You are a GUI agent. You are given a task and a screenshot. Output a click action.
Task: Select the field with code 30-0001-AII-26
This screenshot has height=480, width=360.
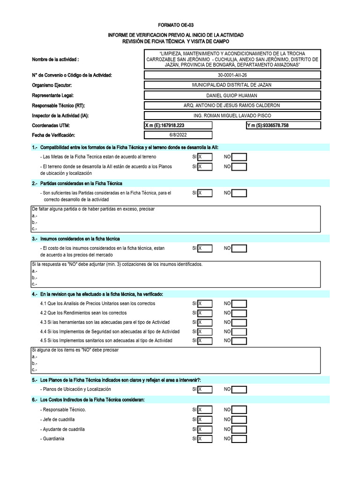pyautogui.click(x=232, y=75)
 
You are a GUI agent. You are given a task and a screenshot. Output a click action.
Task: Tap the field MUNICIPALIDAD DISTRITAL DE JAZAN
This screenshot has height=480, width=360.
pyautogui.click(x=232, y=85)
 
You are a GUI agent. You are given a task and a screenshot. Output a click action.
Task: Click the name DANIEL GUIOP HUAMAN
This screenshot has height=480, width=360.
pyautogui.click(x=232, y=95)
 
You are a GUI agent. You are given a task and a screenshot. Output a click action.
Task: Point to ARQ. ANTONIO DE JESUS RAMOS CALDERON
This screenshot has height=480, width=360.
pyautogui.click(x=232, y=105)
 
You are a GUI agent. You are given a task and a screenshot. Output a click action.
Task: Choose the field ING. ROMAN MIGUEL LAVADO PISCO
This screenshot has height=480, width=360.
pyautogui.click(x=232, y=115)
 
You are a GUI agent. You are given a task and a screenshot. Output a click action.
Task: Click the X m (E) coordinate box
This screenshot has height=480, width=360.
pyautogui.click(x=178, y=125)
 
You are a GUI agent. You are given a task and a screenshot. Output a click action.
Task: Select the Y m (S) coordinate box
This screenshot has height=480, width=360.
pyautogui.click(x=283, y=125)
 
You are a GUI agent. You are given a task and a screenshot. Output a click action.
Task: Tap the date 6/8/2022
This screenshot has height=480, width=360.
pyautogui.click(x=178, y=135)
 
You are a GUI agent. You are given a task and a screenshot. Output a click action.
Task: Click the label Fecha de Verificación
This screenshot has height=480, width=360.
pyautogui.click(x=53, y=135)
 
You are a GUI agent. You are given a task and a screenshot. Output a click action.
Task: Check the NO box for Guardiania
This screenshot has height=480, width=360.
pyautogui.click(x=239, y=439)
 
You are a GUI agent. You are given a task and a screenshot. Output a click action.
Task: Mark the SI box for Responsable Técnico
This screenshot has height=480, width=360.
pyautogui.click(x=205, y=410)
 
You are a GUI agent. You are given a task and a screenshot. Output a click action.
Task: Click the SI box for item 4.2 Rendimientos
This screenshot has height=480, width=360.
pyautogui.click(x=205, y=313)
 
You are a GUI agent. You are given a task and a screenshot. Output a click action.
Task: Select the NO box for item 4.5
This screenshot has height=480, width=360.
pyautogui.click(x=239, y=341)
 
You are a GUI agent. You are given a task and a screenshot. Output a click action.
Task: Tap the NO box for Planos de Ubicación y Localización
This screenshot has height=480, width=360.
pyautogui.click(x=239, y=390)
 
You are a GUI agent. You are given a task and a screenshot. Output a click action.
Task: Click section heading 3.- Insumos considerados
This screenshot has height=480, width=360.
pyautogui.click(x=76, y=239)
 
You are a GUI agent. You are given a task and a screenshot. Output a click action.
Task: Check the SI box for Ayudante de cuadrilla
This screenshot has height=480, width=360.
pyautogui.click(x=205, y=429)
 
